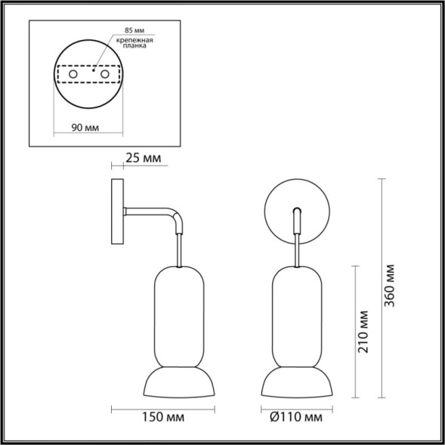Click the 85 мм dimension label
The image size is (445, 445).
126,32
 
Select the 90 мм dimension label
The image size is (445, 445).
85,128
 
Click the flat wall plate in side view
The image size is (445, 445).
118,211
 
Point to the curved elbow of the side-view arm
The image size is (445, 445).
177,220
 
